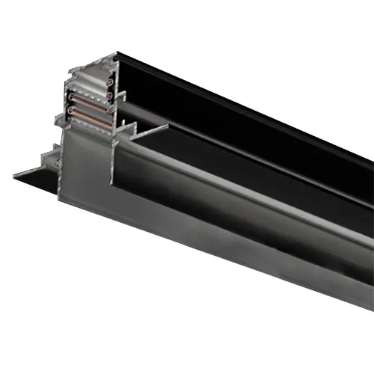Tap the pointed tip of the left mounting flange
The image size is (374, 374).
pos(15,177)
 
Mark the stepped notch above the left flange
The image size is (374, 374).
pos(49,153)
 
